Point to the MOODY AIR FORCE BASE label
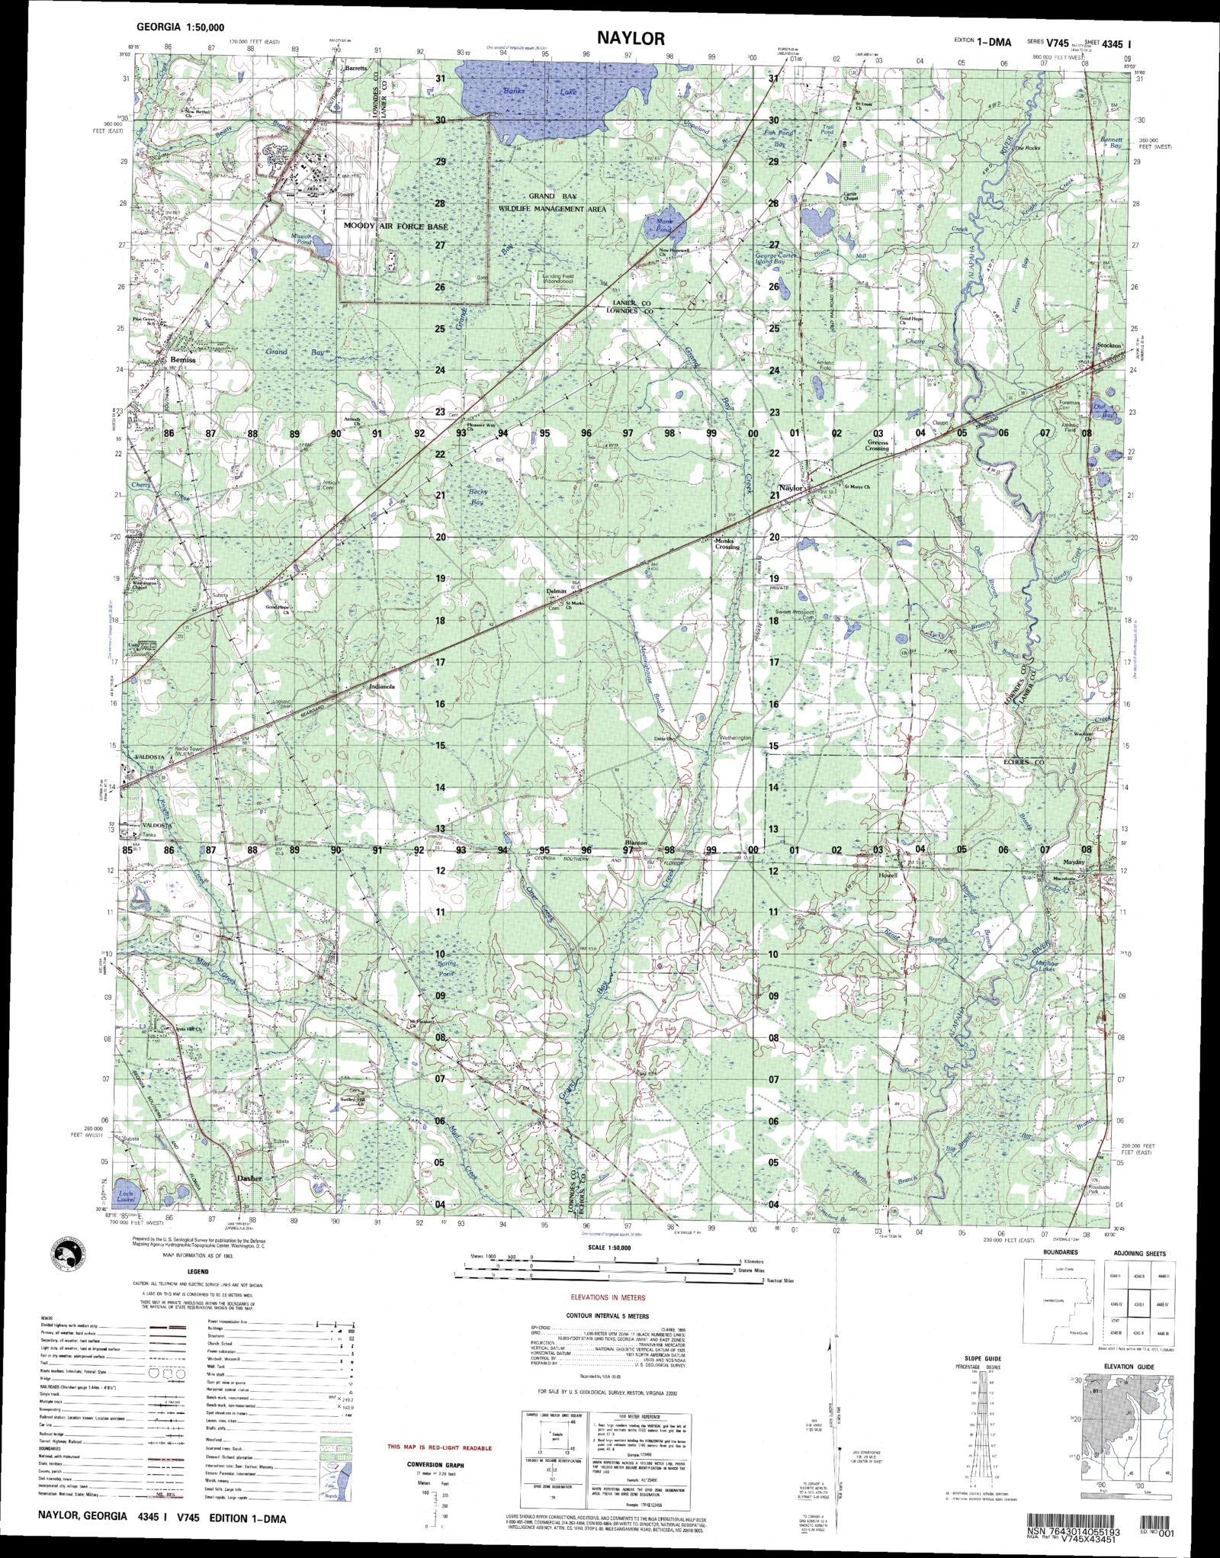click(396, 226)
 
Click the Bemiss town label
click(183, 359)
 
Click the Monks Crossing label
click(727, 544)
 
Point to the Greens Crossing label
click(878, 445)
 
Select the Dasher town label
click(249, 1178)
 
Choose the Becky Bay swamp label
click(477, 498)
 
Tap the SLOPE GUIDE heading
click(980, 1358)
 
